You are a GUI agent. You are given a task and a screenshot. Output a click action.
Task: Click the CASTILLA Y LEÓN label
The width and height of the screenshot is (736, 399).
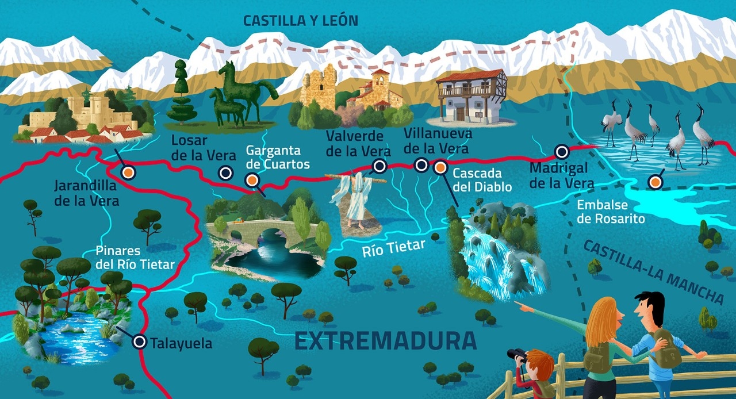click(x=300, y=21)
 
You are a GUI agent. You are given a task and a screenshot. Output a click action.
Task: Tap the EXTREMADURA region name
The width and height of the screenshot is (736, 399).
click(x=385, y=341)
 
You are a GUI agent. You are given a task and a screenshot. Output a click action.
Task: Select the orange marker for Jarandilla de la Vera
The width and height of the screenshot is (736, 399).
click(x=129, y=172)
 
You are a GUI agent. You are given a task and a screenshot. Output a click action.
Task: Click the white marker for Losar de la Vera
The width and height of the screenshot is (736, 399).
click(x=226, y=172)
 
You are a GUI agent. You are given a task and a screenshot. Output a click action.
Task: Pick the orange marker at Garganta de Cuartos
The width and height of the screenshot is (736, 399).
click(x=251, y=181)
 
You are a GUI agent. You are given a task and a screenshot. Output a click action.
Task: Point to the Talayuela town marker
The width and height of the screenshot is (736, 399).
click(x=139, y=342)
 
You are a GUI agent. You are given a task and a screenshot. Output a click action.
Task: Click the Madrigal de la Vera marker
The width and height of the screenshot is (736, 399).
click(x=562, y=152)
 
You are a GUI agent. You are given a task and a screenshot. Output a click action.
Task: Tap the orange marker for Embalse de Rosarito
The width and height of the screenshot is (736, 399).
click(x=654, y=182)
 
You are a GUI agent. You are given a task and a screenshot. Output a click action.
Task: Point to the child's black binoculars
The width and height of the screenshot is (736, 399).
click(x=517, y=355)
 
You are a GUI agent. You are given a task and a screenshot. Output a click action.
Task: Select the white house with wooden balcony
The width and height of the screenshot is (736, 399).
click(x=470, y=97)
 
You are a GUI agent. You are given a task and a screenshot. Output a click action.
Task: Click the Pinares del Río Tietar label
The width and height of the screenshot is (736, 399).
click(x=135, y=258)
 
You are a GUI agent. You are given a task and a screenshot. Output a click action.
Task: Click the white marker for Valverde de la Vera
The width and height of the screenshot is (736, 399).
click(x=379, y=167)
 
